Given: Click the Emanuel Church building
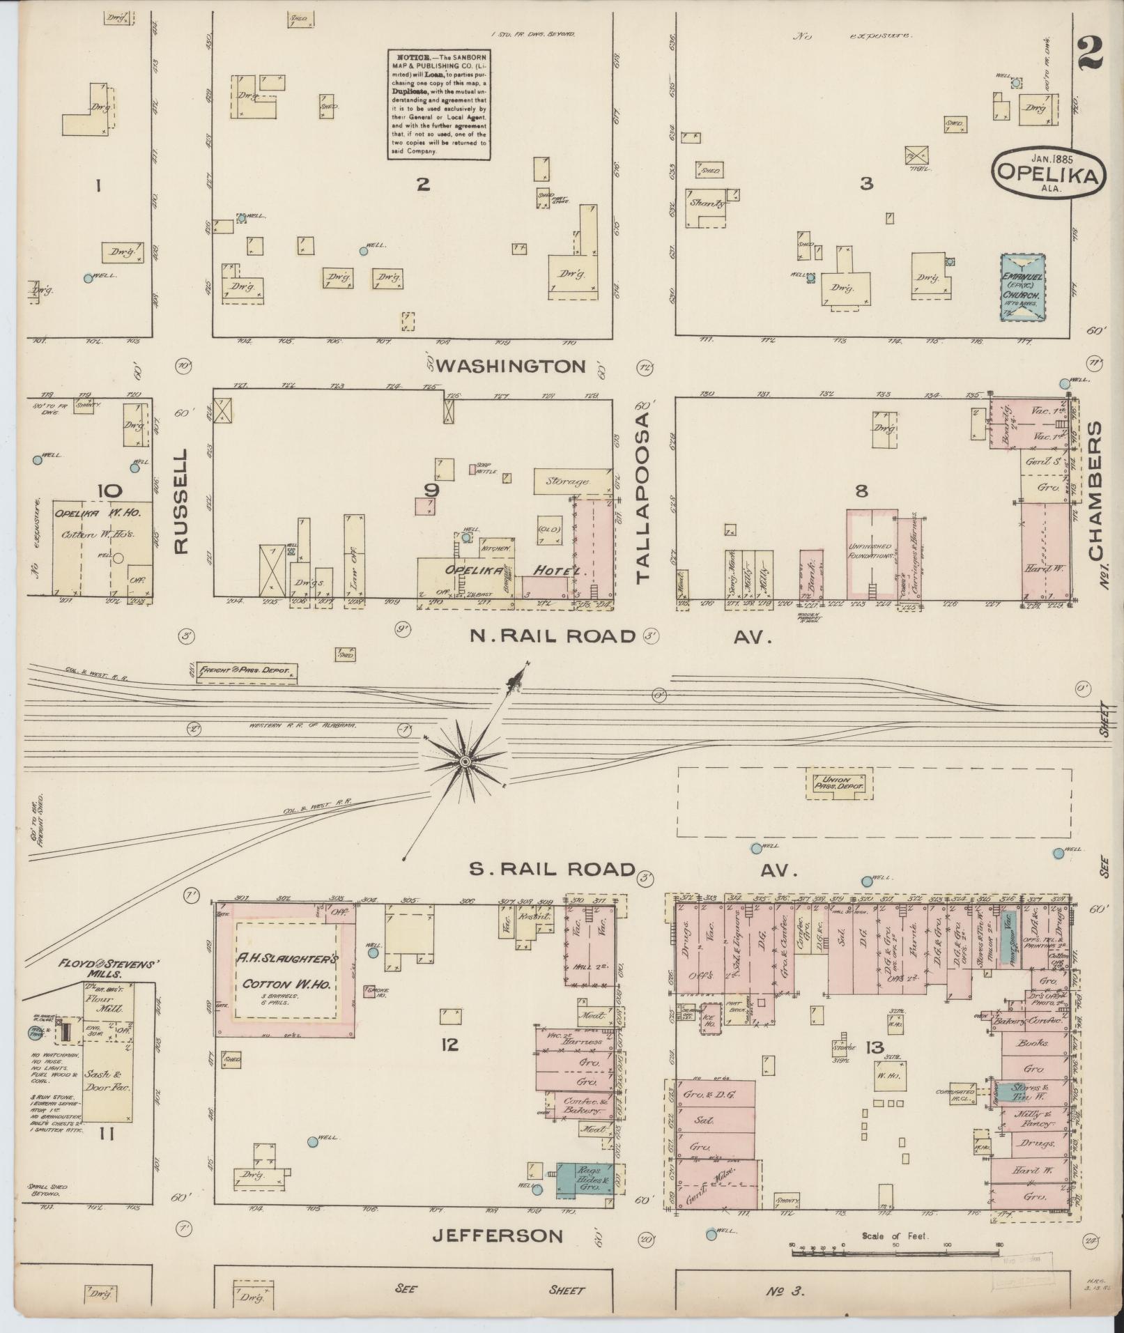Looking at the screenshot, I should click(x=1022, y=286).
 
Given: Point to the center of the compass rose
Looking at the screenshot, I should click(x=465, y=762).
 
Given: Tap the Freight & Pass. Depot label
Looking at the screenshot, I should click(x=248, y=672).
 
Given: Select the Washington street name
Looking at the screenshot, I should click(x=511, y=367).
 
